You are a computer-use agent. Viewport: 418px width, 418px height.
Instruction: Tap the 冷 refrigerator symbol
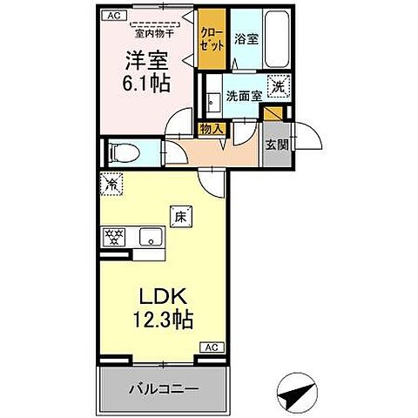coord(111,183)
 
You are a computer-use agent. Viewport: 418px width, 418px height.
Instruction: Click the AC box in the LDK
coord(210,347)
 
